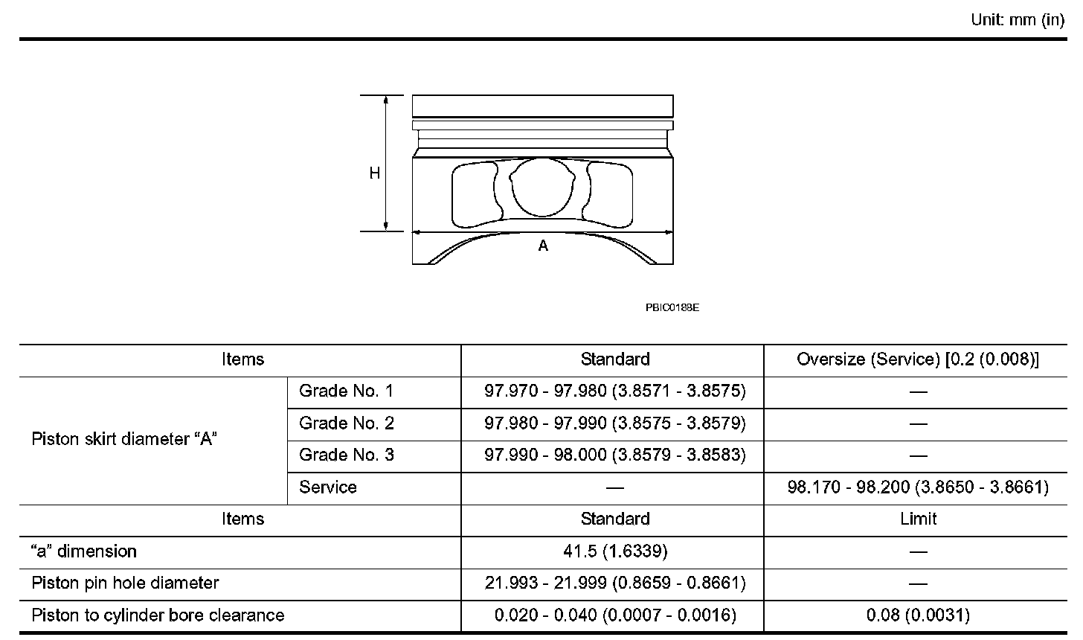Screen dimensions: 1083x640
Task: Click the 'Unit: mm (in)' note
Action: click(x=1018, y=20)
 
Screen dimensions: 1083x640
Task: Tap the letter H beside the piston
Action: click(x=374, y=173)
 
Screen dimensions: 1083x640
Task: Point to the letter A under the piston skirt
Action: click(x=543, y=246)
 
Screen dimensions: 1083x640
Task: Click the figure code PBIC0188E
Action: click(x=672, y=307)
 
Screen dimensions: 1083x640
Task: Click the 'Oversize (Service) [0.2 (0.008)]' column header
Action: click(x=918, y=359)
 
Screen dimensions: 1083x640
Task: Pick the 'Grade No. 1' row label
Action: click(x=346, y=391)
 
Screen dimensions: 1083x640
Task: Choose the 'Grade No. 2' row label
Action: click(x=346, y=423)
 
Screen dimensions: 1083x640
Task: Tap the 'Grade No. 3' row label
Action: click(x=346, y=455)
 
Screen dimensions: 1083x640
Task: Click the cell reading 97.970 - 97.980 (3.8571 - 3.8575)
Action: click(x=615, y=391)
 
